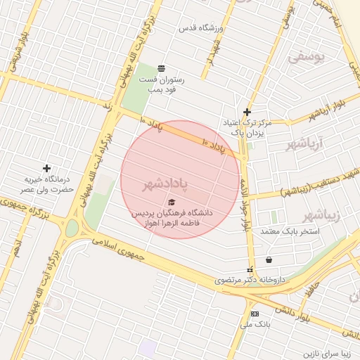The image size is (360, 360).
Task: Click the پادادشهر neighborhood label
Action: (x=165, y=184)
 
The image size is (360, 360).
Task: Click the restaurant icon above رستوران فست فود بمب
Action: (x=162, y=67)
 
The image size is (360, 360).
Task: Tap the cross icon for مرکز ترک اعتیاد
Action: (x=247, y=112)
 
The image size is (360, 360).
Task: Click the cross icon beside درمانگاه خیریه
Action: (x=46, y=168)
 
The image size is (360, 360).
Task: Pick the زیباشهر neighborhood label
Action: (x=321, y=214)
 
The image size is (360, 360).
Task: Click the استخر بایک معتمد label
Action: (x=290, y=231)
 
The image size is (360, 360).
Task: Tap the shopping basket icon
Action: (x=269, y=259)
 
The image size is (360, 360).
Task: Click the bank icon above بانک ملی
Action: (x=254, y=314)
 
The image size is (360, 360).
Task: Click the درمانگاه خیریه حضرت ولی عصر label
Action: (x=47, y=185)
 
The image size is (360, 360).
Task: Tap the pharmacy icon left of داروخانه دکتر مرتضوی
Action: (x=250, y=269)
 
